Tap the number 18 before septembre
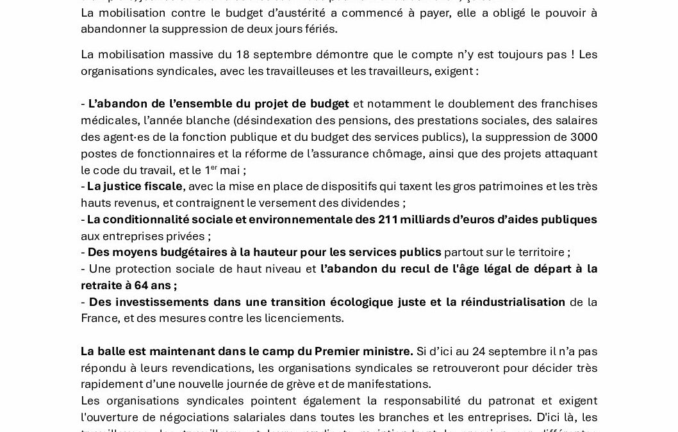pyautogui.click(x=243, y=54)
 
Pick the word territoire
pyautogui.click(x=538, y=252)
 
